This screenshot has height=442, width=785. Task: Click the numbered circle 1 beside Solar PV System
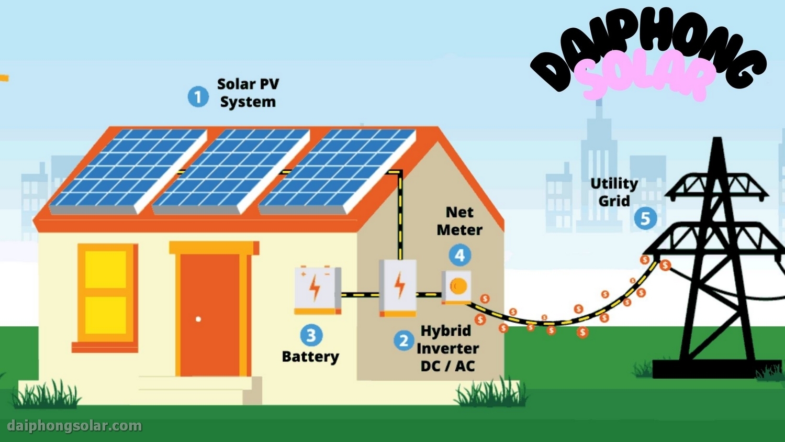198,97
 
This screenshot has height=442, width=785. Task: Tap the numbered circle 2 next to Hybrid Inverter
403,341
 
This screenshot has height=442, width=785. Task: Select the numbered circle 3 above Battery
311,335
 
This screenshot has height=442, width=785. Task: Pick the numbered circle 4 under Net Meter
459,256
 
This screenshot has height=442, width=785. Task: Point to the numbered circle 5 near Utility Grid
645,218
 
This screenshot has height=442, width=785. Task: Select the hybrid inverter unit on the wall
398,287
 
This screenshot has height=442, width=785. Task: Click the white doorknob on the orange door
198,319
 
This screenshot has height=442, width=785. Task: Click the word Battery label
310,357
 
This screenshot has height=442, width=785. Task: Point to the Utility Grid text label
614,192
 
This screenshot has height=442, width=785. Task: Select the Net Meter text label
459,221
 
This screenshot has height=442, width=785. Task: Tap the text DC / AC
447,367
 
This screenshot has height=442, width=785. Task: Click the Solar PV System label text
248,93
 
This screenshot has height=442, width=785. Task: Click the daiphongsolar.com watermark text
75,426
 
